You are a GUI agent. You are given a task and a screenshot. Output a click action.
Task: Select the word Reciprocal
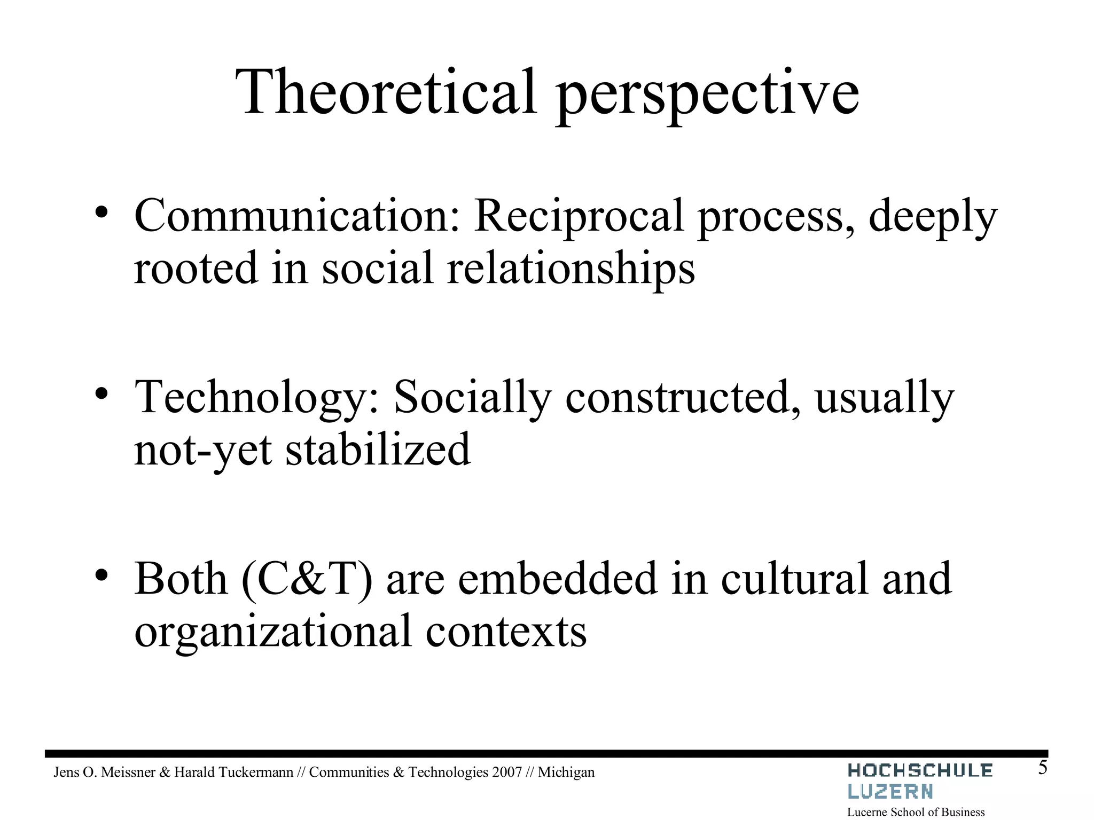579,216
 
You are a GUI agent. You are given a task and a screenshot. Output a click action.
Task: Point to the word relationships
571,269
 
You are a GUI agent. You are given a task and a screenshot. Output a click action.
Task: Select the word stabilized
378,449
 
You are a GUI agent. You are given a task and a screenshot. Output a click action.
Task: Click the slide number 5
1042,768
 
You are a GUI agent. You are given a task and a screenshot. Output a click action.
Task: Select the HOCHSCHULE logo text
919,770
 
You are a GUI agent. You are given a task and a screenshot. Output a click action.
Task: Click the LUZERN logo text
890,791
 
